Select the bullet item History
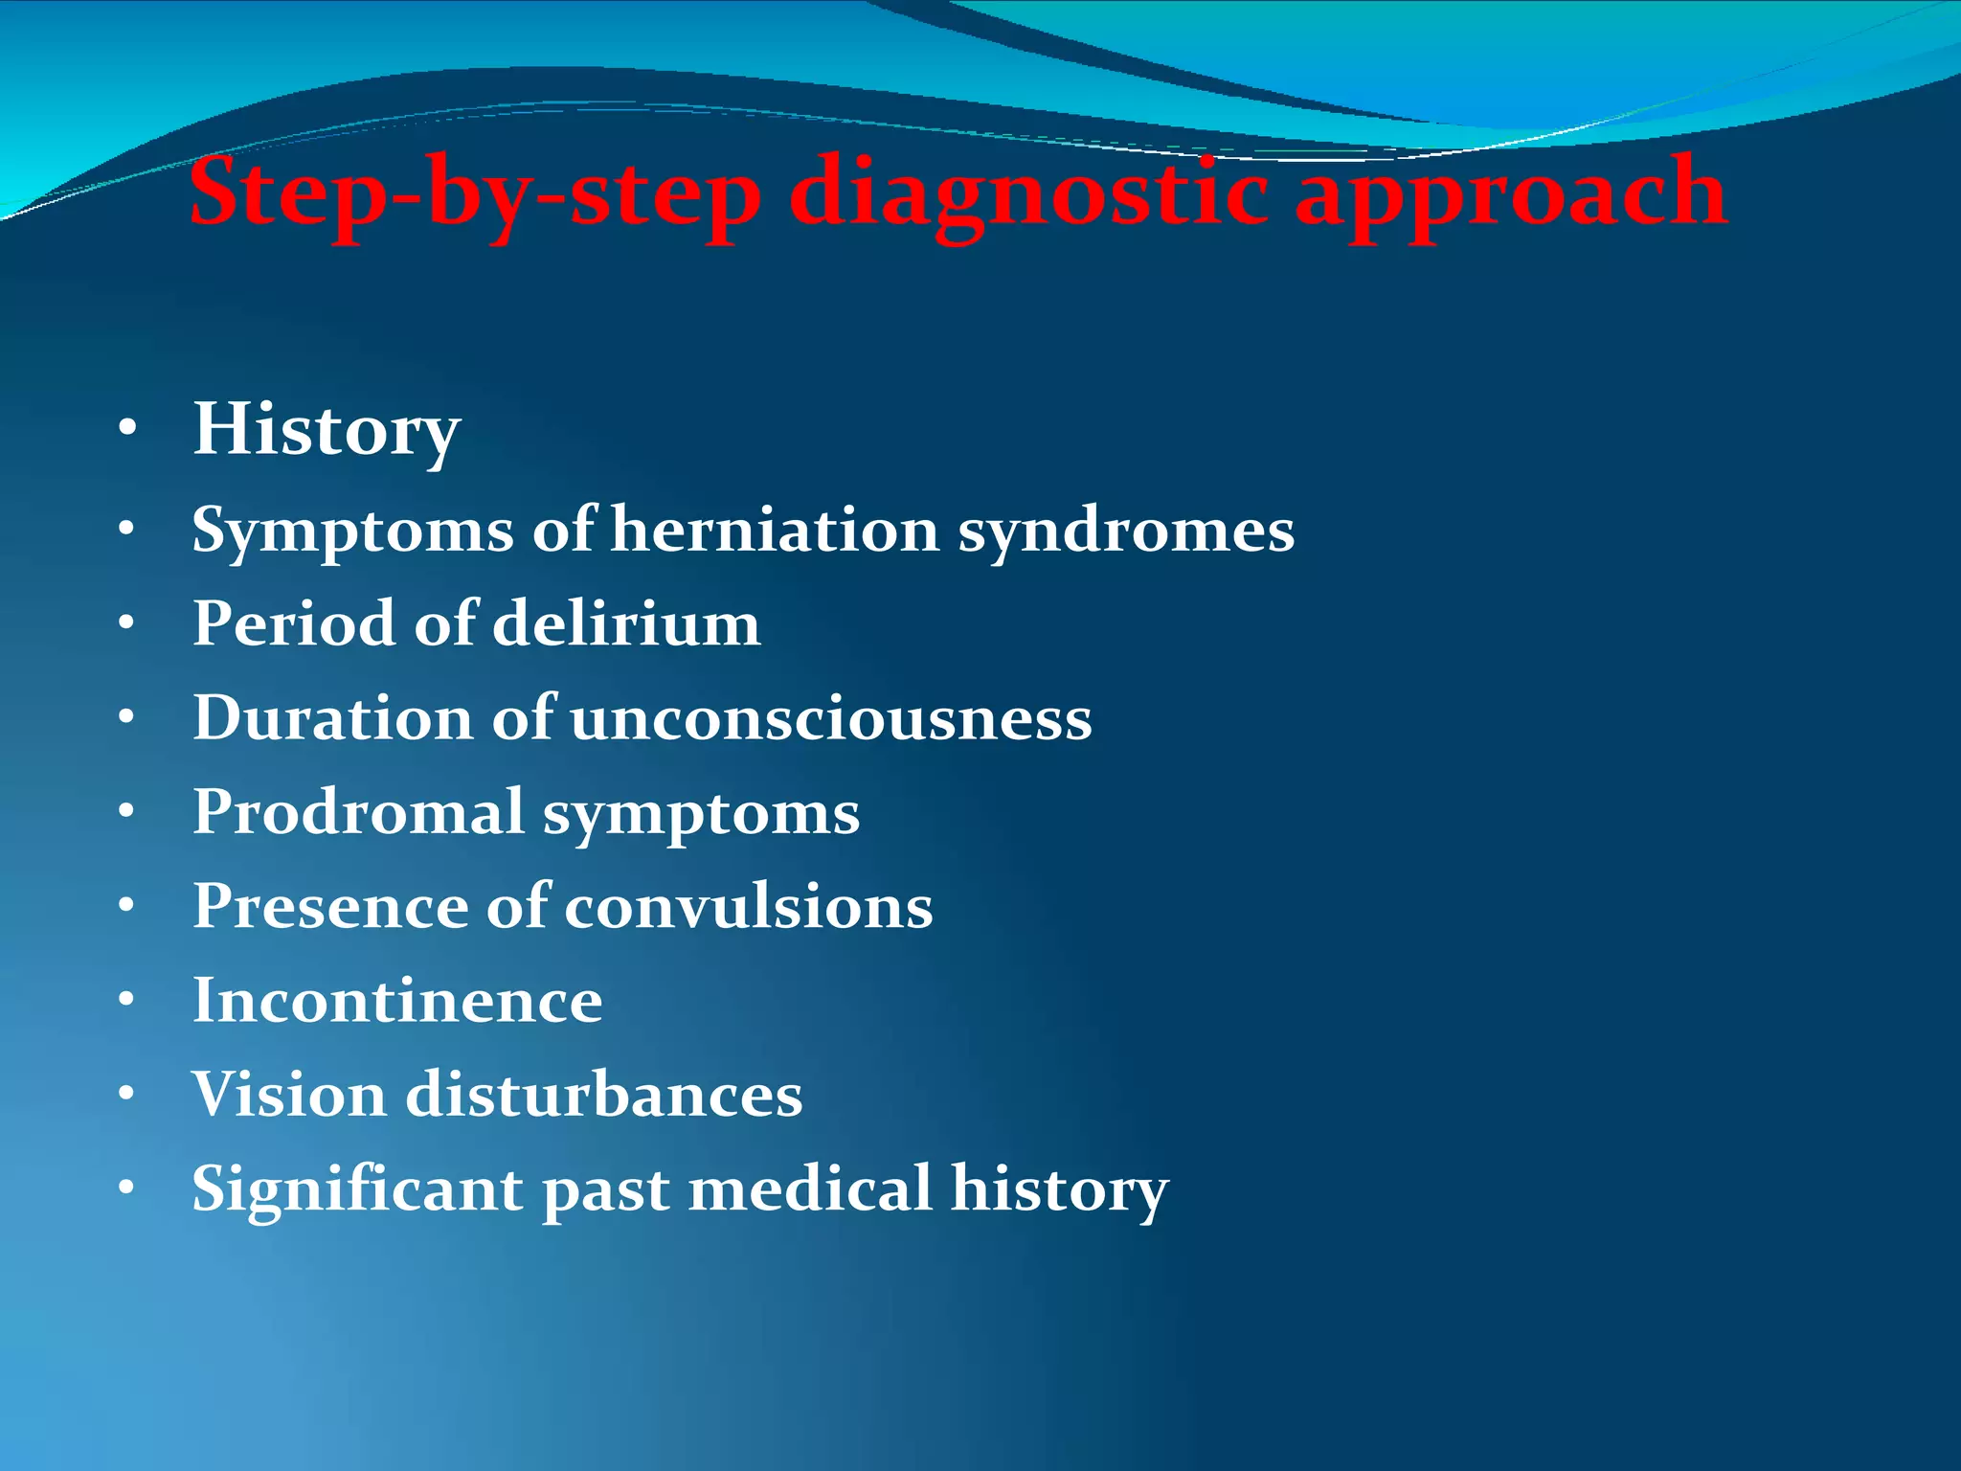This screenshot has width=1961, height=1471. coord(327,430)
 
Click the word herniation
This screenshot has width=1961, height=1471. coord(775,530)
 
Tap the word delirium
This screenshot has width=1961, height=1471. coord(626,623)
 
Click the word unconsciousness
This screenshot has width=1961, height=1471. coord(831,718)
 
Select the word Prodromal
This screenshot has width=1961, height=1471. coord(358,812)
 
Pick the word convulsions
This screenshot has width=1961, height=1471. coord(748,906)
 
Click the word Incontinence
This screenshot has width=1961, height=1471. coord(397,1001)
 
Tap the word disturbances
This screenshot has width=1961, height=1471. coord(603,1095)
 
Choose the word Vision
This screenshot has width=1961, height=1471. coord(289,1095)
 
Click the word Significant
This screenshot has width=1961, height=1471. coord(357,1188)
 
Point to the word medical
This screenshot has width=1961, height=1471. coord(810,1188)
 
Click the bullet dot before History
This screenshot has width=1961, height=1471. coord(127,430)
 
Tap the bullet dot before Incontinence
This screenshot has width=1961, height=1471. coord(127,1000)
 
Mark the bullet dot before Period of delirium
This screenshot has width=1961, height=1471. coord(127,623)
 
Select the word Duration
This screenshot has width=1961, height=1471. coord(332,718)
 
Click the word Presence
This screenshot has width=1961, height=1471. coord(330,906)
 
